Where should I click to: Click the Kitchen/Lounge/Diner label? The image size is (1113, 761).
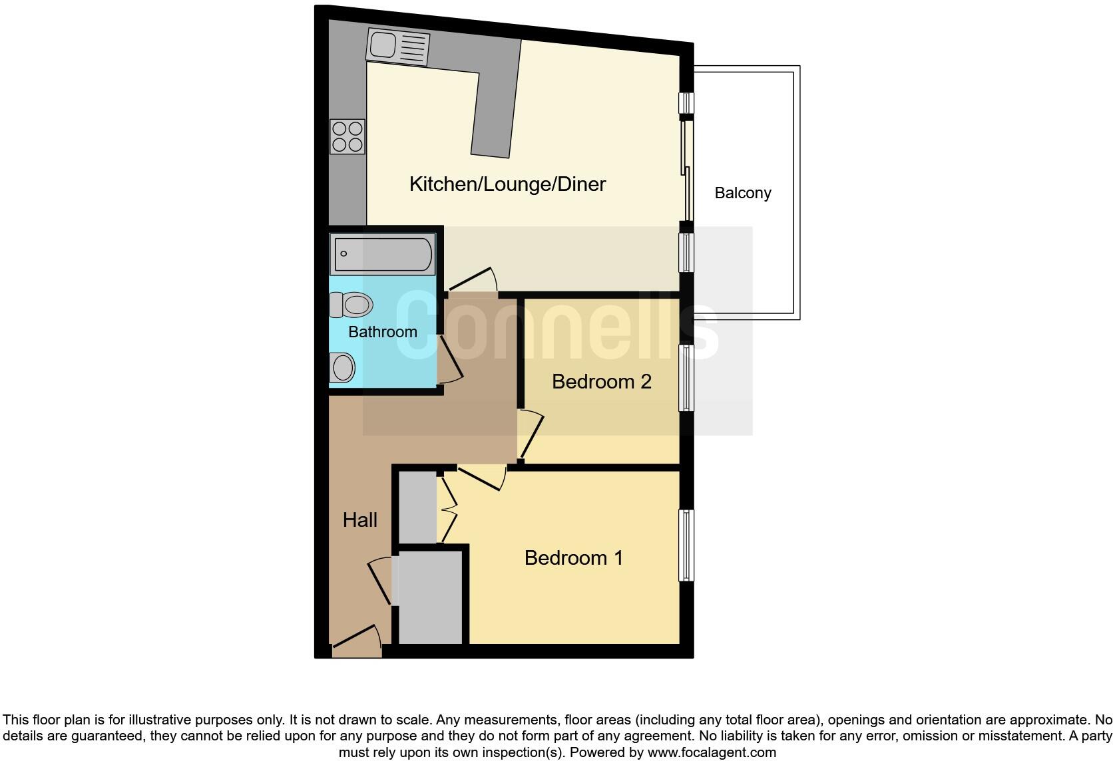[507, 184]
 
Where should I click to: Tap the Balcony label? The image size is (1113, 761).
[742, 193]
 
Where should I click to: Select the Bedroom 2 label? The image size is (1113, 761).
[601, 382]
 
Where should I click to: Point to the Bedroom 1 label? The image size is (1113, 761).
[573, 557]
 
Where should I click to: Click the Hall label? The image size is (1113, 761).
[359, 520]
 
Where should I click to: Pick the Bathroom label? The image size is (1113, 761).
[382, 332]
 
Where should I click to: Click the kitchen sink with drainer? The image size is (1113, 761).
[397, 47]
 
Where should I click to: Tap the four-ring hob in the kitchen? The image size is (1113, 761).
[347, 136]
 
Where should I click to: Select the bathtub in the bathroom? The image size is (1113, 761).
[383, 254]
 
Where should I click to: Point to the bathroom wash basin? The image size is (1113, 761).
[342, 367]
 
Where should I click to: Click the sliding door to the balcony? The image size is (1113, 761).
[686, 170]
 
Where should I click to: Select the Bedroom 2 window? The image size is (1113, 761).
[686, 377]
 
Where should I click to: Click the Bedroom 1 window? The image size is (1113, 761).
[686, 545]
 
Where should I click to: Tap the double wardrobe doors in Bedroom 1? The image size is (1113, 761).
[447, 509]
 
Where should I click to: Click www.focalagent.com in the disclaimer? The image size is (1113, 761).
[711, 752]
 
